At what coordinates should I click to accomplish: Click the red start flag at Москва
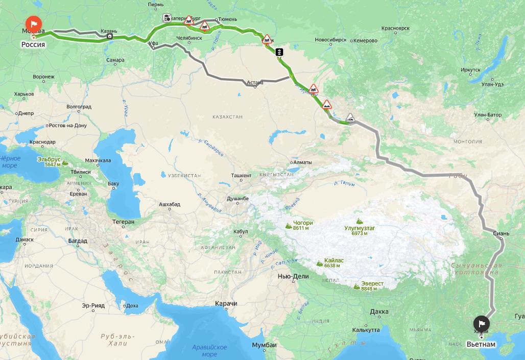pyautogui.click(x=34, y=24)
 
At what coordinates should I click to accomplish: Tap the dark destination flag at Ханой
pyautogui.click(x=482, y=323)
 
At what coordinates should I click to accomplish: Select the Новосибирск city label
pyautogui.click(x=330, y=40)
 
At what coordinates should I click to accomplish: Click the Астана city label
pyautogui.click(x=255, y=82)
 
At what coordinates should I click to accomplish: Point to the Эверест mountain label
pyautogui.click(x=372, y=284)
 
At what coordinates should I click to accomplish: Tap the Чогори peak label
pyautogui.click(x=303, y=223)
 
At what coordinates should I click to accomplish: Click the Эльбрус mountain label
pyautogui.click(x=49, y=160)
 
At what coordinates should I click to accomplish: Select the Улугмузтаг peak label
pyautogui.click(x=360, y=228)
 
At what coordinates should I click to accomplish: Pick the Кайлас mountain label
pyautogui.click(x=333, y=260)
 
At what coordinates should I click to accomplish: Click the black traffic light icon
pyautogui.click(x=279, y=52)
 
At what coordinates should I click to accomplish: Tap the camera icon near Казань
pyautogui.click(x=110, y=36)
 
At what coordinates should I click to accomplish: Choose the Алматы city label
pyautogui.click(x=302, y=163)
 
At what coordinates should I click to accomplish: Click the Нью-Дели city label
pyautogui.click(x=293, y=276)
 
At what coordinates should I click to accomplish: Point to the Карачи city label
pyautogui.click(x=226, y=304)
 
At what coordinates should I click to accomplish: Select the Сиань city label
pyautogui.click(x=501, y=234)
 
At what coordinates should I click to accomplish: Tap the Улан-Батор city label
pyautogui.click(x=488, y=115)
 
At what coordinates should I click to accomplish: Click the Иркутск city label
pyautogui.click(x=470, y=69)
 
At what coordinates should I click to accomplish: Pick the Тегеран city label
pyautogui.click(x=124, y=222)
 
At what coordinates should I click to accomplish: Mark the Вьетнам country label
pyautogui.click(x=481, y=344)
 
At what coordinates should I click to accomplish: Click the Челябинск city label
pyautogui.click(x=189, y=38)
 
